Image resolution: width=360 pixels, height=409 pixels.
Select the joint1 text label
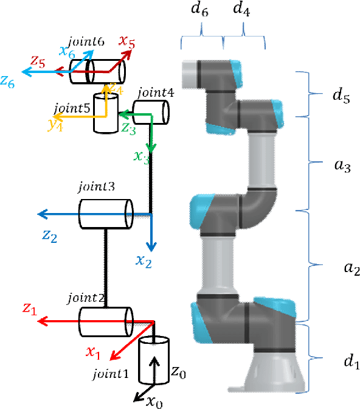(111, 373)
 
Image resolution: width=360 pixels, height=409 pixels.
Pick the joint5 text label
(72, 108)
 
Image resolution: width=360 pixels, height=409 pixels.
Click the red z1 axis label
(30, 309)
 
